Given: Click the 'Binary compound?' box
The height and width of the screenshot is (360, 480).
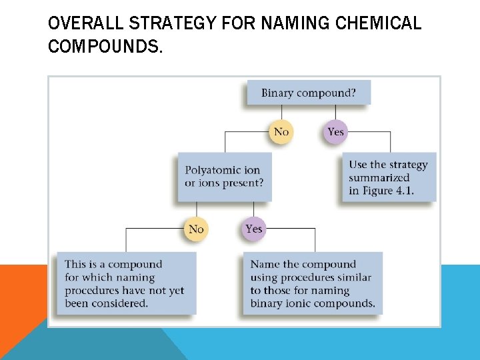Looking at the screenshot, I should pyautogui.click(x=308, y=93).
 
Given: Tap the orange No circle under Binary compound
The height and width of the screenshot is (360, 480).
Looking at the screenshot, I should pyautogui.click(x=281, y=131).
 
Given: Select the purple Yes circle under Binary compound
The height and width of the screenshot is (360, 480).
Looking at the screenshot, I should pyautogui.click(x=335, y=131).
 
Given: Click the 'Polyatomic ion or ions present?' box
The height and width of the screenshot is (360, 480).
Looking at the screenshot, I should pyautogui.click(x=224, y=177).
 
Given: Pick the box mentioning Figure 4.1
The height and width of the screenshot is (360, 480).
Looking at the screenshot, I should pyautogui.click(x=389, y=177).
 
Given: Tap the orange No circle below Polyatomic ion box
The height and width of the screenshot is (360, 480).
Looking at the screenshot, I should pyautogui.click(x=196, y=229).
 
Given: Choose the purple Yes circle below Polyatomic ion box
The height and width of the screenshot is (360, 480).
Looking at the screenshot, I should pyautogui.click(x=253, y=229).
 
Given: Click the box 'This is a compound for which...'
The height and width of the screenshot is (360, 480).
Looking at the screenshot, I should pyautogui.click(x=125, y=283).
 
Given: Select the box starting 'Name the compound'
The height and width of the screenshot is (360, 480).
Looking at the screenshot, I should pyautogui.click(x=313, y=283).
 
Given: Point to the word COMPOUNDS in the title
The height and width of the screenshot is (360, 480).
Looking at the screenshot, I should pyautogui.click(x=105, y=47).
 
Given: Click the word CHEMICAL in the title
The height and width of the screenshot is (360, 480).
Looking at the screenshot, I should pyautogui.click(x=379, y=24).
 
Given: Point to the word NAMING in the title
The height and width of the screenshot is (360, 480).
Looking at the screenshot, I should pyautogui.click(x=295, y=24).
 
